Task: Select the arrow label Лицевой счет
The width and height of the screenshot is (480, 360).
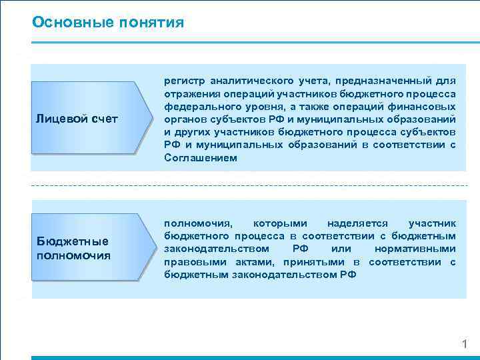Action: pos(77,119)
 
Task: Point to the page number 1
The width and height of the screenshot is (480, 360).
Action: pos(465,345)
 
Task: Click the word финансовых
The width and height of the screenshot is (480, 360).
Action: pos(427,107)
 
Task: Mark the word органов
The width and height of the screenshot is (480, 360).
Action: pos(183,119)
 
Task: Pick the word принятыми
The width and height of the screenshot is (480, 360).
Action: pos(311,261)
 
